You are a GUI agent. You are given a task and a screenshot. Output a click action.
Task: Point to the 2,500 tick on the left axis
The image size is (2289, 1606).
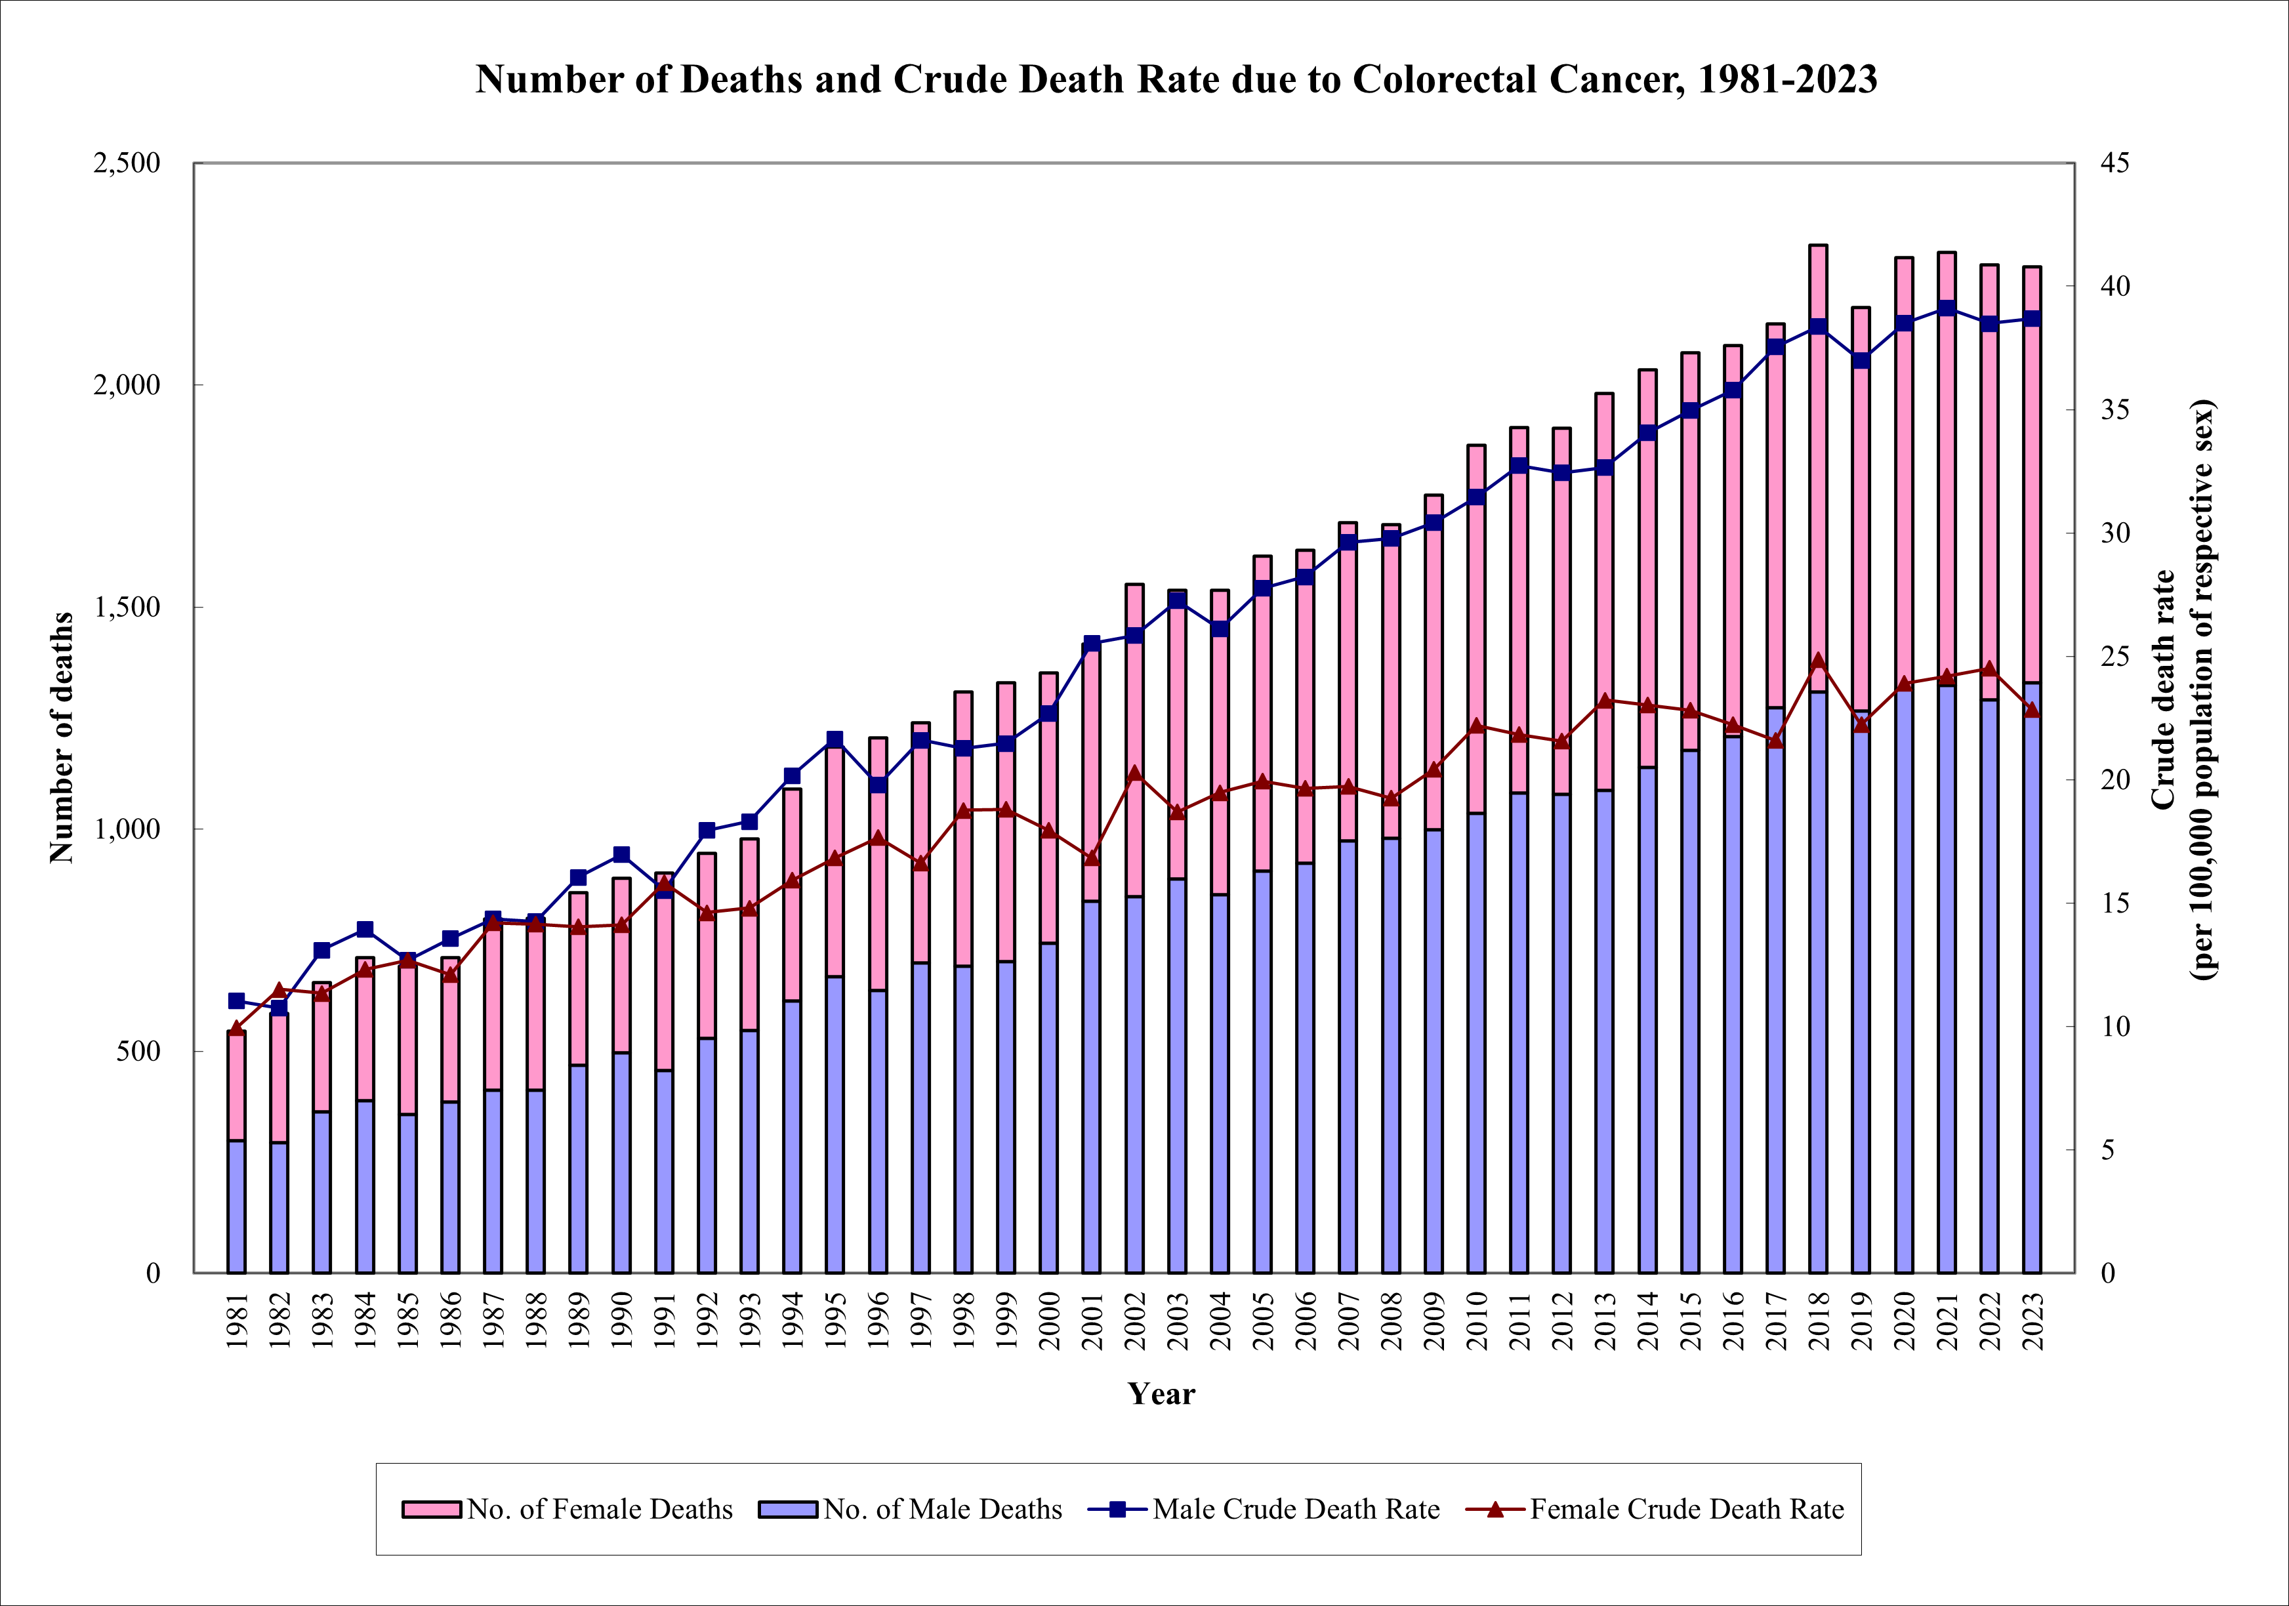127,163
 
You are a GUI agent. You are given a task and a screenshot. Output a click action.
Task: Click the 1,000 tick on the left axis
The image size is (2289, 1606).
127,829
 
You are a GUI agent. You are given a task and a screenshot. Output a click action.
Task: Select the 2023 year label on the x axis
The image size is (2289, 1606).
2032,1321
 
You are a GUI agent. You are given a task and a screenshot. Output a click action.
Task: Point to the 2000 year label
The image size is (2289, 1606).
1049,1321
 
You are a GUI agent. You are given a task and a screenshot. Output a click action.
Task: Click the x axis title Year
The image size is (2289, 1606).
1161,1393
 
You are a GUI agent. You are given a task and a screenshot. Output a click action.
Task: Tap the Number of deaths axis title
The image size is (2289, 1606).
62,737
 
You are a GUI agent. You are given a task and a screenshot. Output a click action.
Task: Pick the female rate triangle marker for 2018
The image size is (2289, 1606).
1819,661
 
